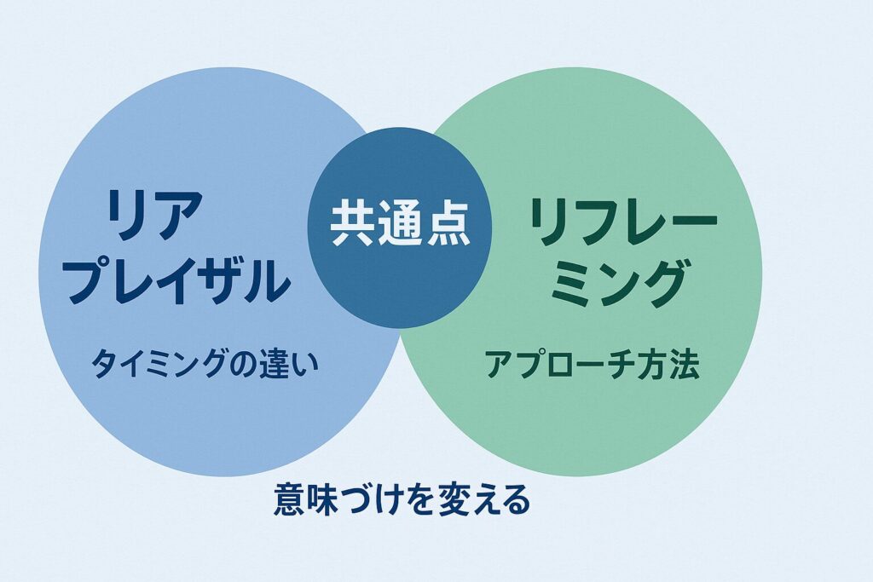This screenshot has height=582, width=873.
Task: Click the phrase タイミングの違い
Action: tap(205, 365)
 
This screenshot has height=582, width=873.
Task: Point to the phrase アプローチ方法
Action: tap(592, 365)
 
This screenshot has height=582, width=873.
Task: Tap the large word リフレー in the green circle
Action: tap(623, 222)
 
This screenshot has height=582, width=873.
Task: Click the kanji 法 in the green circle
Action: tap(684, 365)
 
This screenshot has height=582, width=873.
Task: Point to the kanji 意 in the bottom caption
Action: tap(289, 499)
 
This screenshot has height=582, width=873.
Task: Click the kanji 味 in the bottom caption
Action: tap(322, 499)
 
